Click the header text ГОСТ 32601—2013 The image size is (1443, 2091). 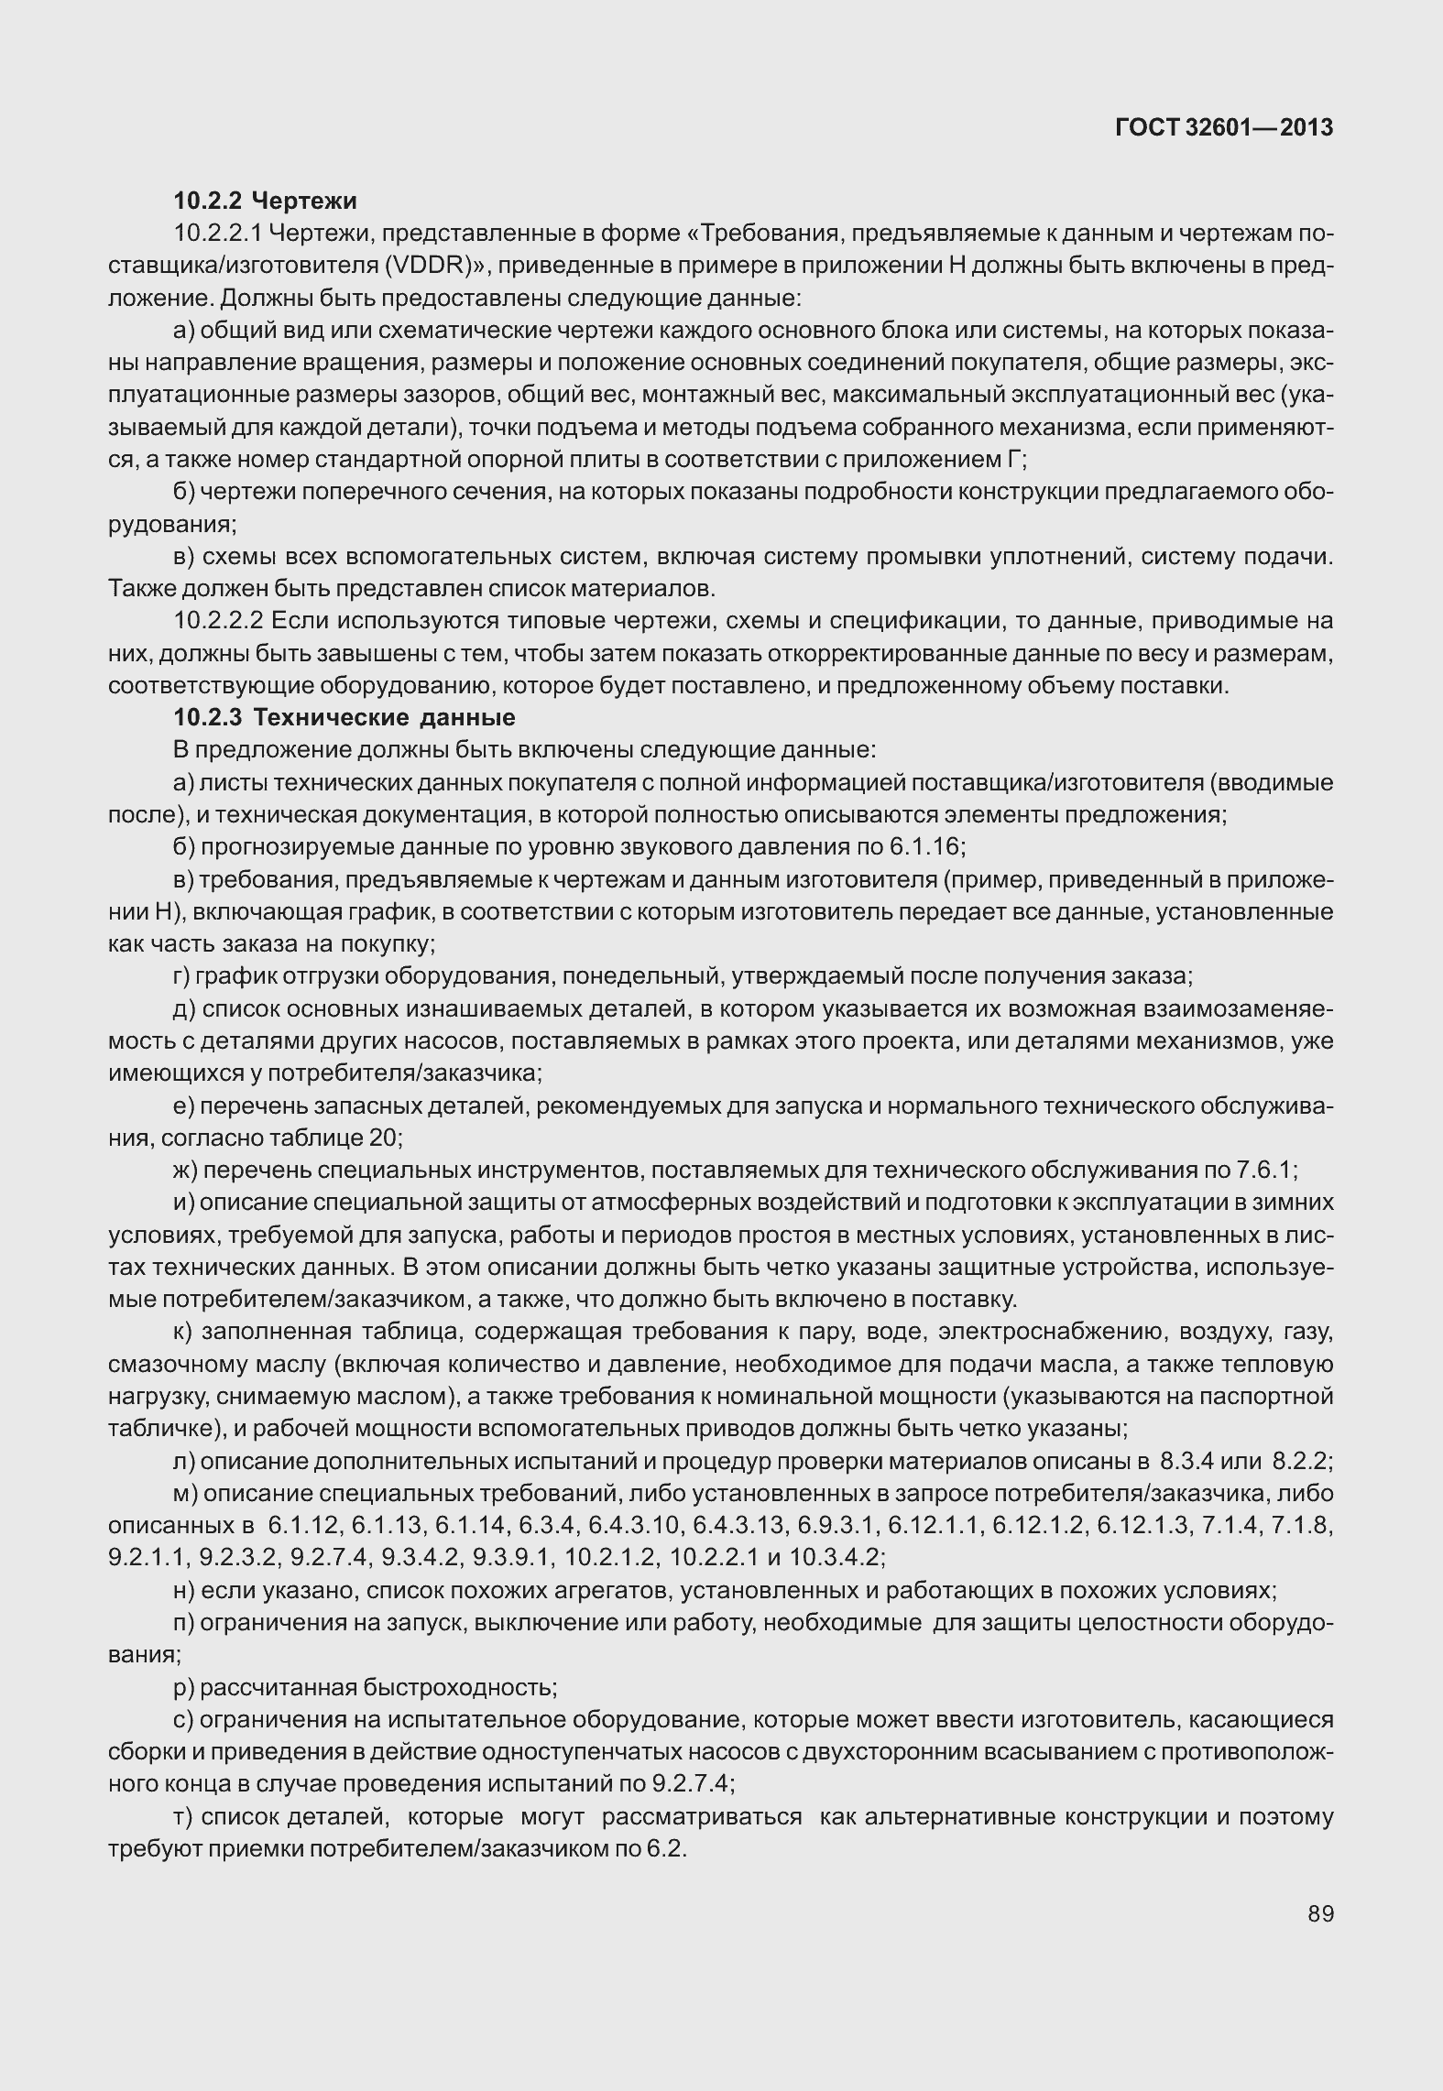point(1223,128)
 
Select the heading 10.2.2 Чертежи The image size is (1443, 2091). point(266,201)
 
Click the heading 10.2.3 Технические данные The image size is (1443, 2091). point(344,717)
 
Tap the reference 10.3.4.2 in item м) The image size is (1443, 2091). point(834,1557)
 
